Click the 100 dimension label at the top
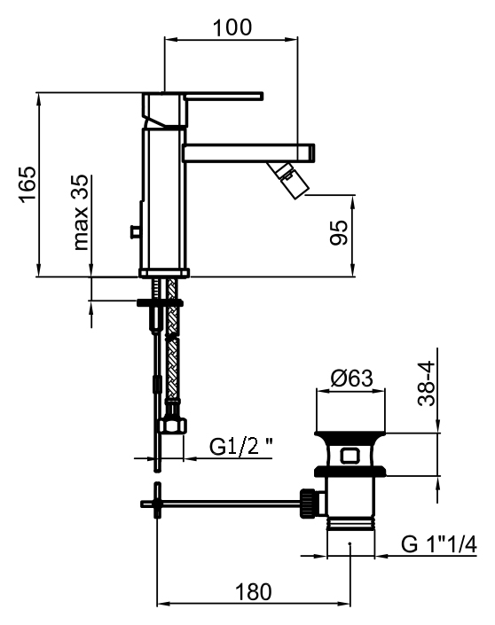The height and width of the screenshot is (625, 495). pyautogui.click(x=232, y=27)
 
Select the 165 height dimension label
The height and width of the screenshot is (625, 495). pyautogui.click(x=28, y=184)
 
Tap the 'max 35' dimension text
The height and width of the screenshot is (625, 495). pyautogui.click(x=81, y=212)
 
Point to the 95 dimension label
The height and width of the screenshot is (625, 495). pyautogui.click(x=339, y=232)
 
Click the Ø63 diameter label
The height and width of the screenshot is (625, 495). pyautogui.click(x=351, y=379)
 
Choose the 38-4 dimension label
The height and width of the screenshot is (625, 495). pyautogui.click(x=426, y=384)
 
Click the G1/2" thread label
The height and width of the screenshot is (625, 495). pyautogui.click(x=241, y=447)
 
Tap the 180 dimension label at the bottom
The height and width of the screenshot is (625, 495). pyautogui.click(x=254, y=592)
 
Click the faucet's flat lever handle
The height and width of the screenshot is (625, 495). pyautogui.click(x=224, y=96)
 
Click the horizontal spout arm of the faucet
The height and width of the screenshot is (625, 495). pyautogui.click(x=248, y=152)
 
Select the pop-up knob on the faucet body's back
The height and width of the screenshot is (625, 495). pyautogui.click(x=135, y=231)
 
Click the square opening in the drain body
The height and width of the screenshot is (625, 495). pyautogui.click(x=350, y=455)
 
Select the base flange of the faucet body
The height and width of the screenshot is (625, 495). pyautogui.click(x=164, y=273)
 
